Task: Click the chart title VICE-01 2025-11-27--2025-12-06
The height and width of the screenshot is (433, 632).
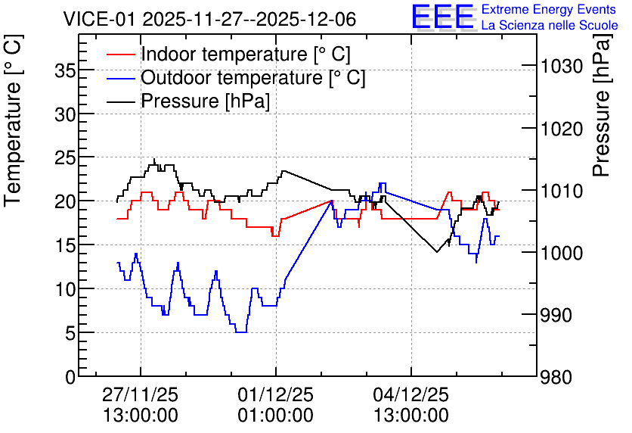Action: point(209,19)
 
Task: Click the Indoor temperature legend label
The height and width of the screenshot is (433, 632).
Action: point(246,54)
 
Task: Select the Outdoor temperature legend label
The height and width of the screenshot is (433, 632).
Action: point(252,77)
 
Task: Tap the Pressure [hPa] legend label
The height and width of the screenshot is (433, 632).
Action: point(205,101)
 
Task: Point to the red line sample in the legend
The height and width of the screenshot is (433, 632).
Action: point(120,55)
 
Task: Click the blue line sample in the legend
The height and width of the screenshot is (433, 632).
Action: point(120,78)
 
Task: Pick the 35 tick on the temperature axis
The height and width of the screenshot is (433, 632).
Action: point(65,71)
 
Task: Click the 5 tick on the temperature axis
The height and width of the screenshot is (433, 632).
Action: point(71,333)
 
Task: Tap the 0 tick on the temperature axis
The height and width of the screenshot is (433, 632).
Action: point(71,377)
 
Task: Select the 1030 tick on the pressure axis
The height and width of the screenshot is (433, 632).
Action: point(562,66)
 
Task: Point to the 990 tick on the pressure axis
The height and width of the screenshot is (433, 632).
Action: point(556,315)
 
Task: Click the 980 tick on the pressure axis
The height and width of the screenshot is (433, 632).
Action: point(556,378)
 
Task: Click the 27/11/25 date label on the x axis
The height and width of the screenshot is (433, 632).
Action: point(141,394)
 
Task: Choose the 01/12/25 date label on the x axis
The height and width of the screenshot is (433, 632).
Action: point(276,394)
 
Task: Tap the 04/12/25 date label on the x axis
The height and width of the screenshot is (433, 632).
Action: point(411,394)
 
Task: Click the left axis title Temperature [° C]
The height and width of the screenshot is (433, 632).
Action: point(13,120)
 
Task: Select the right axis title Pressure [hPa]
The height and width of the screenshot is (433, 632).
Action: point(602,105)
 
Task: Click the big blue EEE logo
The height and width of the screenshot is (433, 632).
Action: point(442,17)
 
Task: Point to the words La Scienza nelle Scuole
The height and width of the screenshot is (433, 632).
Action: point(550,25)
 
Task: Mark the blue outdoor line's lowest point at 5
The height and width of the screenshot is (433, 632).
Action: point(241,332)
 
